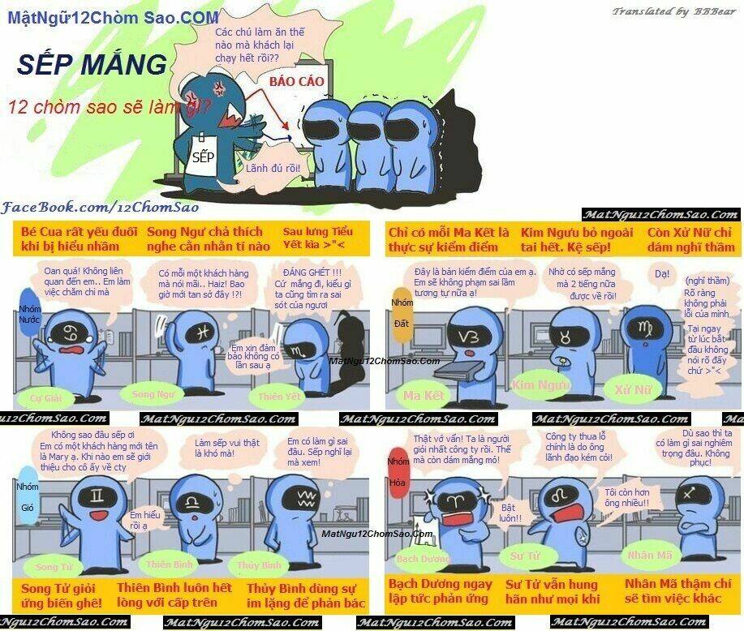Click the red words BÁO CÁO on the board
(x=297, y=82)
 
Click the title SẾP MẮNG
(x=92, y=65)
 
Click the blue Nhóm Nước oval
(x=29, y=315)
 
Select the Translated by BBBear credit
(x=673, y=11)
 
